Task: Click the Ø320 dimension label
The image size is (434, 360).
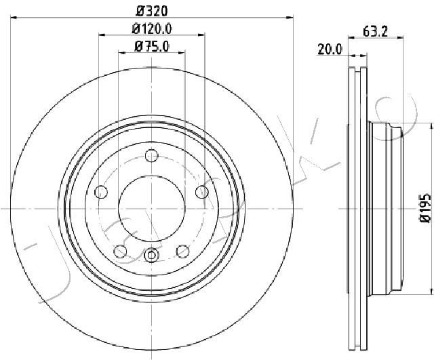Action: tap(152, 11)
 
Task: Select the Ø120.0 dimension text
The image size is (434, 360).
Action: tap(152, 28)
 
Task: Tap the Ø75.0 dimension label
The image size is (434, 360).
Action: tap(152, 47)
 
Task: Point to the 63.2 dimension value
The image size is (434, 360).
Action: tap(375, 31)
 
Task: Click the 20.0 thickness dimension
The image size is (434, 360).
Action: tap(330, 49)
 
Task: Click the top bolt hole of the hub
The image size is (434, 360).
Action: tap(152, 156)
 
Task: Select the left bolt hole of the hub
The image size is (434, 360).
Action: tap(101, 192)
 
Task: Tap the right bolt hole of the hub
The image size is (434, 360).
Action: tap(202, 192)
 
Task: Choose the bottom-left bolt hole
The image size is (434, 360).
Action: tap(121, 252)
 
